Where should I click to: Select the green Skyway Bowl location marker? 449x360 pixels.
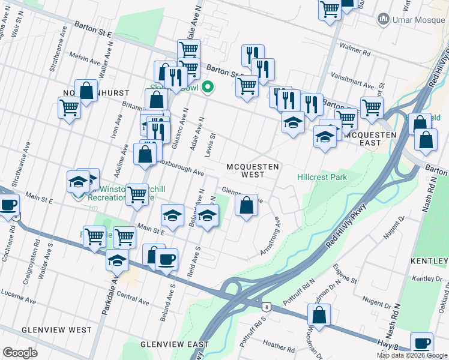[x=208, y=88]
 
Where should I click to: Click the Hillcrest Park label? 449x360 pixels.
[x=322, y=177]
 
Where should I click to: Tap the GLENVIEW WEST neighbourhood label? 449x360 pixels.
[x=56, y=330]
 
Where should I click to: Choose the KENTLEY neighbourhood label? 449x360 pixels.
[x=429, y=262]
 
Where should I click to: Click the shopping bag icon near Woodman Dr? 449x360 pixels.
[x=319, y=314]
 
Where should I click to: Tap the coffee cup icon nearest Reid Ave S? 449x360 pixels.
[x=166, y=259]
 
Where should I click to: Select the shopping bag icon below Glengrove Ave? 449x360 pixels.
[x=246, y=205]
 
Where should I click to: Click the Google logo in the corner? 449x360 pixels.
[x=20, y=353]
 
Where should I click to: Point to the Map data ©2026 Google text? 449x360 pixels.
[x=411, y=355]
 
